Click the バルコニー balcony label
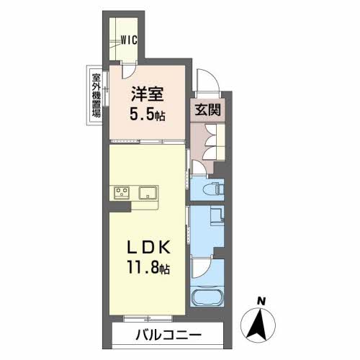[168, 335]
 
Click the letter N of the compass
[264, 300]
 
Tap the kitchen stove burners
[121, 192]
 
